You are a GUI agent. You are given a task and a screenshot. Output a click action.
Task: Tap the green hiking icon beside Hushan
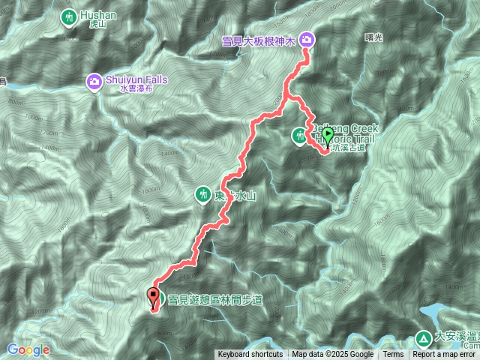tap(69, 17)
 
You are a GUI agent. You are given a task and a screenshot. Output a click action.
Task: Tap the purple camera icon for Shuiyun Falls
tap(94, 80)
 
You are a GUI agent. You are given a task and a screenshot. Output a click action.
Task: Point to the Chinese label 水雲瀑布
tap(135, 88)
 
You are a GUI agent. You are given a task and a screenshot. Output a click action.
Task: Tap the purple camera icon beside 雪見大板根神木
tap(307, 40)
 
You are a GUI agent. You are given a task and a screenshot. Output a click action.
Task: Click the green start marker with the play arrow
tap(327, 137)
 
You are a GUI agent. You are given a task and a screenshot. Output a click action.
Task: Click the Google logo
tap(28, 349)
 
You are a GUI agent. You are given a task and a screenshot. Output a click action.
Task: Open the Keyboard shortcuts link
tap(250, 355)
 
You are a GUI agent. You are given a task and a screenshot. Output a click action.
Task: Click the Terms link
tap(393, 355)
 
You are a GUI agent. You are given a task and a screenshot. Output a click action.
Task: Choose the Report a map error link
tap(445, 355)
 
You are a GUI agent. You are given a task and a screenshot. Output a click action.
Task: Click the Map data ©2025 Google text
tap(333, 355)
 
